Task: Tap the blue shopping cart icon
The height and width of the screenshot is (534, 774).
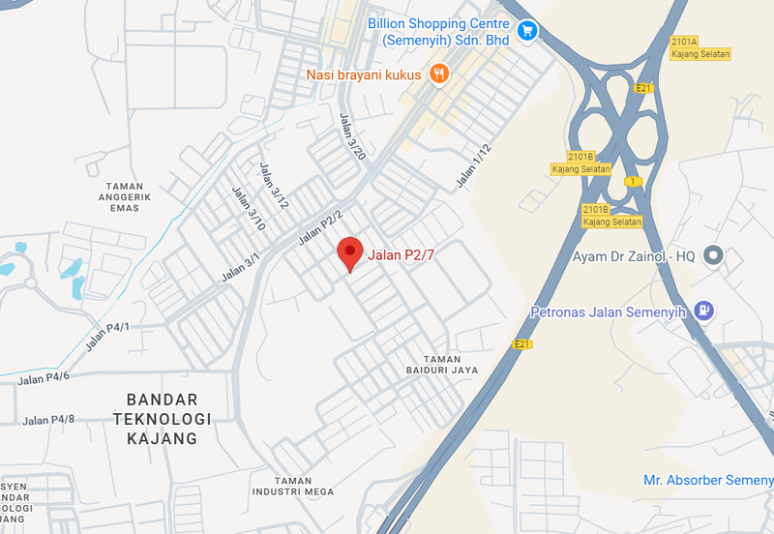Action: click(526, 31)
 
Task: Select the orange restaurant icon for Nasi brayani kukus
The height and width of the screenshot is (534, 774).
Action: click(440, 74)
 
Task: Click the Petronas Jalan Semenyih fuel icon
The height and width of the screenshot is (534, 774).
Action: click(705, 311)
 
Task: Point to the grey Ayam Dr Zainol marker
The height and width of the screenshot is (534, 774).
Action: click(713, 255)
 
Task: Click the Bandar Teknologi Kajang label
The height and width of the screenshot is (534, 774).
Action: click(162, 419)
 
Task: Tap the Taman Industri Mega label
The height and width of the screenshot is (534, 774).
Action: click(292, 486)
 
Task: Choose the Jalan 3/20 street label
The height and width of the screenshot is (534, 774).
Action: click(353, 136)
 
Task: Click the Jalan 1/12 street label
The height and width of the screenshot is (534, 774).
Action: click(474, 164)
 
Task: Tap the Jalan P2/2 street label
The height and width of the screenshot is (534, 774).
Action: click(320, 228)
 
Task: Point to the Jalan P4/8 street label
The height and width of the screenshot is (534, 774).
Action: click(48, 420)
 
